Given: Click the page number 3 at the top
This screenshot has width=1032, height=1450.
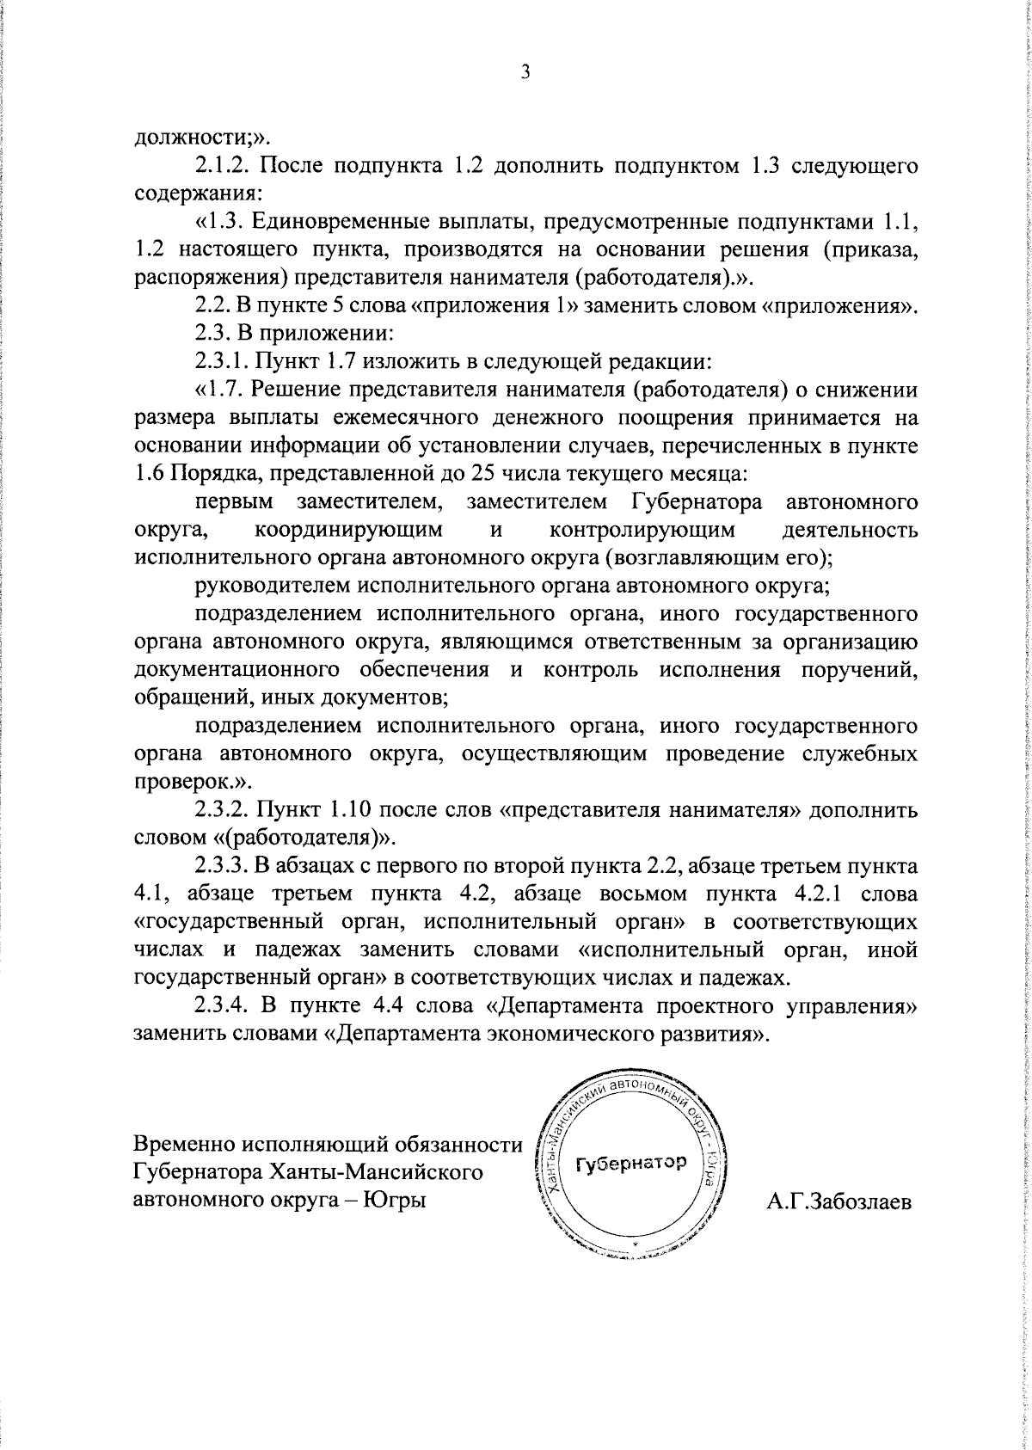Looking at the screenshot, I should (x=525, y=73).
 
